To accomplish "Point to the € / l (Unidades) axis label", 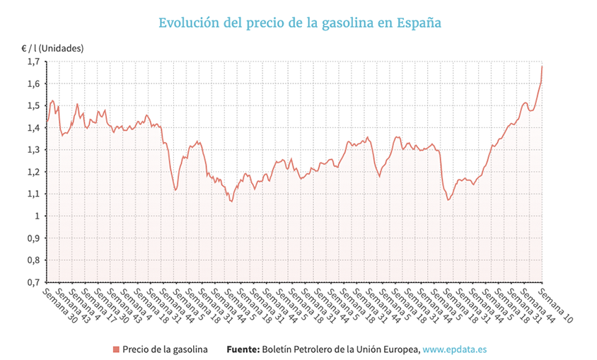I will tap(52, 48).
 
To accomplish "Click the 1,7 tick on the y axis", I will tap(33, 62).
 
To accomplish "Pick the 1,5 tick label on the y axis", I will tap(33, 105).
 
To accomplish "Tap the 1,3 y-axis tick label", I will tap(33, 149).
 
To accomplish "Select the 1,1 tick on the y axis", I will tap(33, 193).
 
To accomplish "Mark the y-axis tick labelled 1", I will tap(37, 216).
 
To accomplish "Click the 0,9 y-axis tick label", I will tap(33, 238).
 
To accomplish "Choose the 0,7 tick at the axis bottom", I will tap(33, 281).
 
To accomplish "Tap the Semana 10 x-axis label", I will tap(555, 305).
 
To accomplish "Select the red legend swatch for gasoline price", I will tap(115, 349).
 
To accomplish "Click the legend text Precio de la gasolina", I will tap(164, 349).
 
